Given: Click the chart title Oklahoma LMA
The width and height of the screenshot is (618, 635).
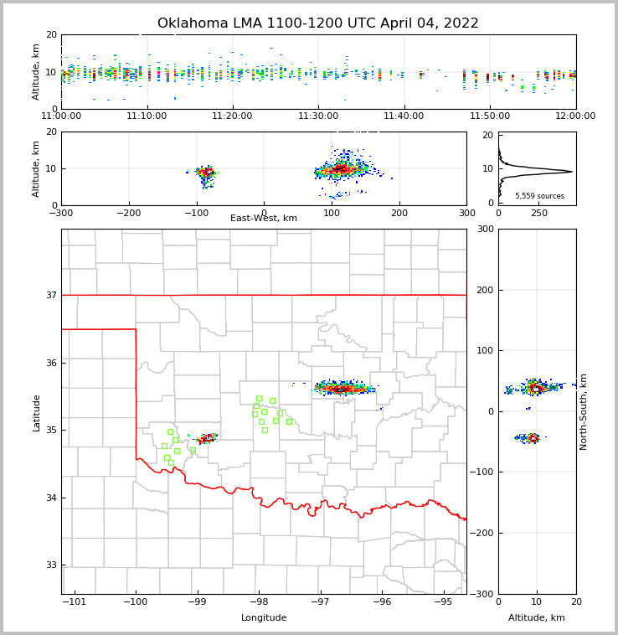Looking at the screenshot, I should click(317, 23).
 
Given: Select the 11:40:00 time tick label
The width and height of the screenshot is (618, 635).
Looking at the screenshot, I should click(404, 116).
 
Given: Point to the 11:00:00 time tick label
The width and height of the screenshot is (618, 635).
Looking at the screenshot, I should click(61, 116).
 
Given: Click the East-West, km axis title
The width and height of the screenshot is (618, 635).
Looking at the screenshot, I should click(264, 219).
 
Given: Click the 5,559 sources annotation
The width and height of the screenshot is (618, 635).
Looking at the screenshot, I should click(539, 196).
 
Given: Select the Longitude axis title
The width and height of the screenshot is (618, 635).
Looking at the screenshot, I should click(264, 618).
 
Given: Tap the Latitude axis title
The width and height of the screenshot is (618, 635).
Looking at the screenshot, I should click(36, 412).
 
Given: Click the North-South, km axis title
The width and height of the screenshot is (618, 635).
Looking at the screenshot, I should click(584, 411).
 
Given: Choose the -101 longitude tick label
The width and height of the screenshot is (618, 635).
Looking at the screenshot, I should click(75, 601).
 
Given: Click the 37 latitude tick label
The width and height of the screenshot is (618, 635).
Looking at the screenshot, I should click(50, 296).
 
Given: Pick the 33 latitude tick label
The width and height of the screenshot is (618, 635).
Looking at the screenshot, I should click(50, 565).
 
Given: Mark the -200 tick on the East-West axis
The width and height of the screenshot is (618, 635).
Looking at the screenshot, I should click(129, 213).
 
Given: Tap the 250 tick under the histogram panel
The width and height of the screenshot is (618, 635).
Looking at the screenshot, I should click(539, 213).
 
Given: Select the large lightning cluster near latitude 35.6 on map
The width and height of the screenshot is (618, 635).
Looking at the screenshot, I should click(342, 388).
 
